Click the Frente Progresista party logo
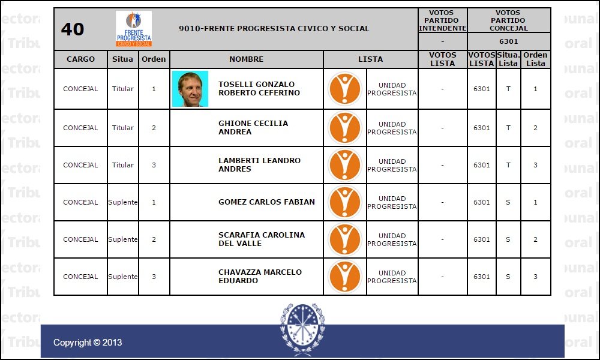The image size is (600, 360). tap(133, 29)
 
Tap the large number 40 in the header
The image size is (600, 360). tap(73, 29)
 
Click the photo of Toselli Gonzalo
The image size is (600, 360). tap(190, 89)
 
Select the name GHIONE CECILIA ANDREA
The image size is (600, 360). tap(253, 127)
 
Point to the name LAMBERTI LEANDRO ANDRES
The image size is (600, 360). tap(259, 164)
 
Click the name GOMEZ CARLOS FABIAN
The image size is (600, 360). tap(266, 202)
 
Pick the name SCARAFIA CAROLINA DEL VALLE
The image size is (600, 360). tap(261, 239)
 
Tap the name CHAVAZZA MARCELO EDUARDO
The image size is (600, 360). tap(260, 276)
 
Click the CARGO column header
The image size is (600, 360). tap(80, 59)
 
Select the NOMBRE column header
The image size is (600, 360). tap(246, 59)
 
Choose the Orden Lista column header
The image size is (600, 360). tap(535, 59)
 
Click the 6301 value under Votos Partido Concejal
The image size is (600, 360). tap(508, 41)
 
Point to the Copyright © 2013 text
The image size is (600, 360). tap(88, 343)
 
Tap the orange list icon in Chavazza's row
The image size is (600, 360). tap(345, 277)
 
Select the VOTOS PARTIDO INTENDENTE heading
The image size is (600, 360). tap(442, 20)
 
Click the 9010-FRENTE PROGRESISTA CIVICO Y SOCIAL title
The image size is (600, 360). tap(274, 29)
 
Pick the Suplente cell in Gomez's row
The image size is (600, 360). tap(123, 202)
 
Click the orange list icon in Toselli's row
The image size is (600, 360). tap(345, 89)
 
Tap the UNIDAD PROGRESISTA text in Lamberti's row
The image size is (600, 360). tap(392, 165)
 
